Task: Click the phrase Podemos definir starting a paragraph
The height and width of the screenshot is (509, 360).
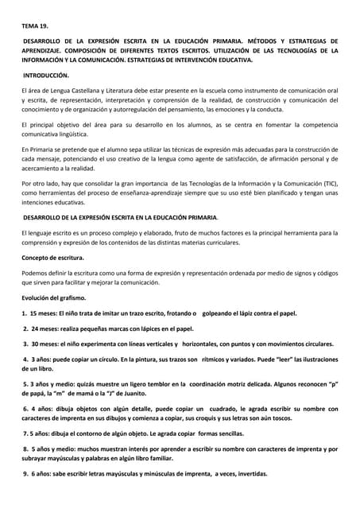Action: click(48, 274)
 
